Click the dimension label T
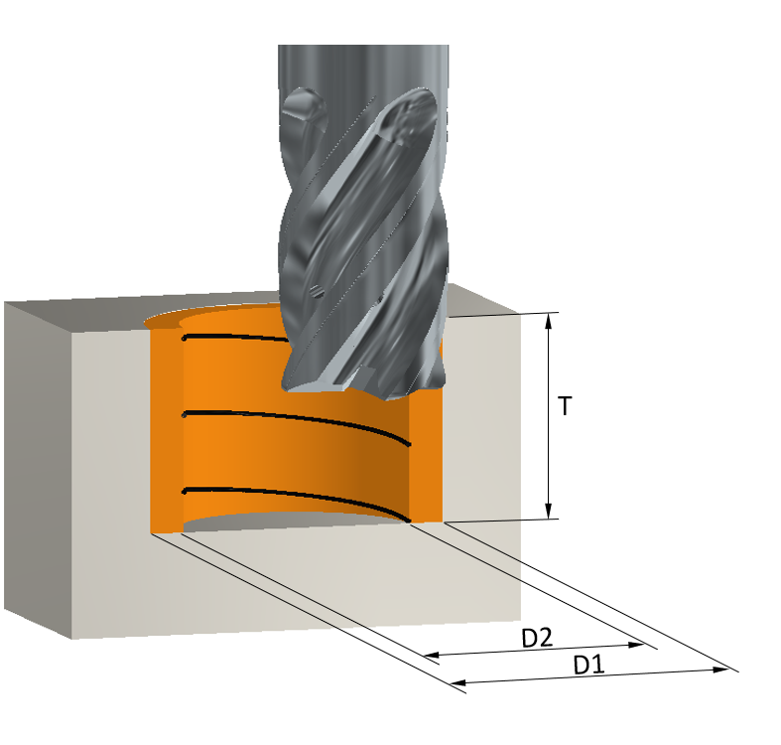[x=565, y=406]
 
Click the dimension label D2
[x=537, y=638]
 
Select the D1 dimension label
[x=588, y=666]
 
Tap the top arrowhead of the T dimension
[x=549, y=321]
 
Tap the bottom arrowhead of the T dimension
[x=549, y=511]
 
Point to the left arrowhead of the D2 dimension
[x=432, y=655]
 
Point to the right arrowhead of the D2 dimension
[x=637, y=645]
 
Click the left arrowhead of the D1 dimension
[x=457, y=682]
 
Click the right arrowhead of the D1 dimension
[x=721, y=670]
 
